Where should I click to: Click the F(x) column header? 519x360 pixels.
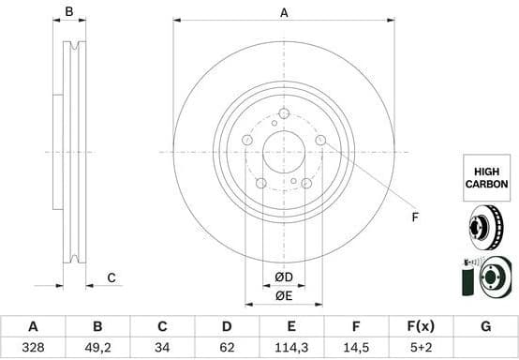(421, 326)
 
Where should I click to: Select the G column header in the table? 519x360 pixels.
(485, 326)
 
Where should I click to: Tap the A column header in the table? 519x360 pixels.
(33, 326)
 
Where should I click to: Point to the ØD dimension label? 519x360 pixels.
(284, 277)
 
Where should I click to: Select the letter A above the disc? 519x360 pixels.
(284, 12)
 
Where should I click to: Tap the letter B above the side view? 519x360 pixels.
(68, 12)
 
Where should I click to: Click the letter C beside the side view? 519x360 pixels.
(111, 277)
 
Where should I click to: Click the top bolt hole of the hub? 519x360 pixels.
(284, 113)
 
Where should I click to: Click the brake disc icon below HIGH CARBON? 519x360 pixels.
(484, 228)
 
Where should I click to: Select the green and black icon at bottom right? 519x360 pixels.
(484, 277)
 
